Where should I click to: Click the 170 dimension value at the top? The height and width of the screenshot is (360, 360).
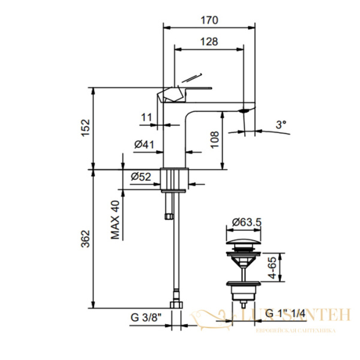click(209, 20)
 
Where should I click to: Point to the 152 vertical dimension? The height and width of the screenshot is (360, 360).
click(85, 127)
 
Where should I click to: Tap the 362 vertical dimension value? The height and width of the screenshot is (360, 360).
click(85, 238)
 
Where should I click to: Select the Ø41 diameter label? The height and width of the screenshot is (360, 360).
click(145, 145)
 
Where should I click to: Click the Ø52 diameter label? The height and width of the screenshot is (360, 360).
click(141, 176)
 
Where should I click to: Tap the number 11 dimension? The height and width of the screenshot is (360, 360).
click(146, 118)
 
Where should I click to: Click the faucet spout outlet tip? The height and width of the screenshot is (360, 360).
click(246, 112)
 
